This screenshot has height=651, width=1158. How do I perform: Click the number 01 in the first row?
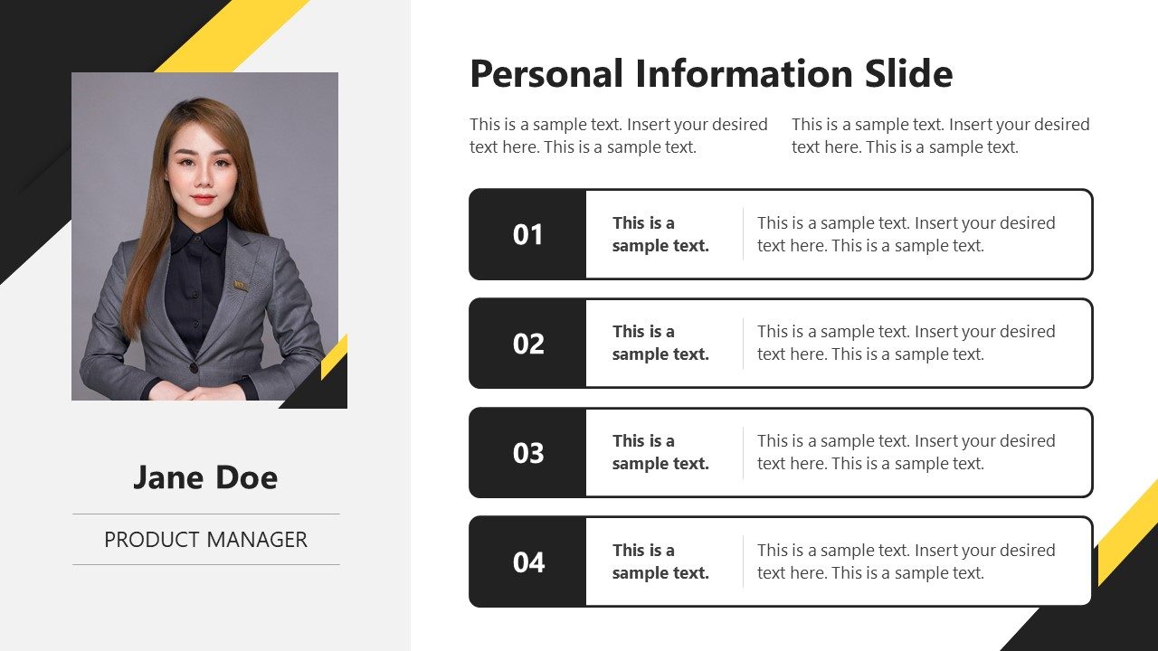528,235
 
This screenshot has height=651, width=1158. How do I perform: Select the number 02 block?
528,344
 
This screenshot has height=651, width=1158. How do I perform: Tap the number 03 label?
528,453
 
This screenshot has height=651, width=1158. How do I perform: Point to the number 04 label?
528,562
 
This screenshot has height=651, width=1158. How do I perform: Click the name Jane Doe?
205,477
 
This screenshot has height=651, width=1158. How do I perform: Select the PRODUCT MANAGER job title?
205,540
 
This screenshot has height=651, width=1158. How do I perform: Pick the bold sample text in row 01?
660,234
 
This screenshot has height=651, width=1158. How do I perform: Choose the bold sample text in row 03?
660,452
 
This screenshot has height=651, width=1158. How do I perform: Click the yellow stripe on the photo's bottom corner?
335,356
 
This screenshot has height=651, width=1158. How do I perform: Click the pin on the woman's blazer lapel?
241,286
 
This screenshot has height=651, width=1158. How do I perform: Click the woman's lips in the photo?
203,199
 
